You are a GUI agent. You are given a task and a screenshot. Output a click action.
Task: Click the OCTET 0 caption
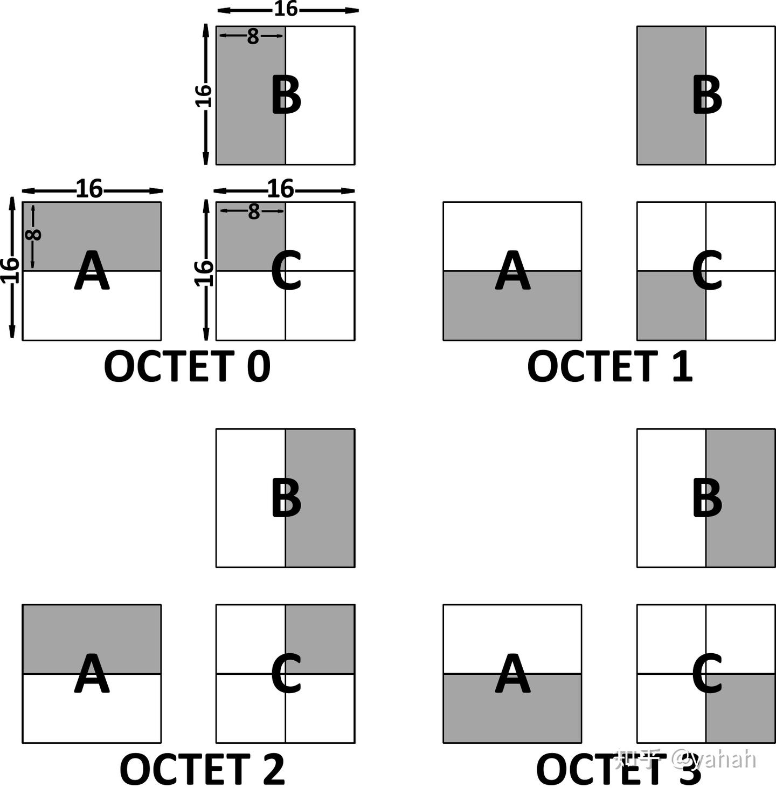187,366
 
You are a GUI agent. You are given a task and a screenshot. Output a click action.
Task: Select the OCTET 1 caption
610,366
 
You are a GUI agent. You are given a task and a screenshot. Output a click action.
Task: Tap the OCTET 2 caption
203,769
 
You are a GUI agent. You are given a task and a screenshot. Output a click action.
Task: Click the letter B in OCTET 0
286,96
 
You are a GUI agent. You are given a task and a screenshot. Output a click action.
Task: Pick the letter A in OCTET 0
92,271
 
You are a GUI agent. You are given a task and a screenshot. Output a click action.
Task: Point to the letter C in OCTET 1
707,271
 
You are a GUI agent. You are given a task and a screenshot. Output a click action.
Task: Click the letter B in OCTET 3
708,498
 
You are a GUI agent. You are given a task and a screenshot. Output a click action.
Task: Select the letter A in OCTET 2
92,673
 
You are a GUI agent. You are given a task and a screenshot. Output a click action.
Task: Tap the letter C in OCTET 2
286,673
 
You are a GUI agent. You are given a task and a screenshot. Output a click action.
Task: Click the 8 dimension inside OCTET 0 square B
253,36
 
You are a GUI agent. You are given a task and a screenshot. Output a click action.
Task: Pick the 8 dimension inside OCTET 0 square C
253,211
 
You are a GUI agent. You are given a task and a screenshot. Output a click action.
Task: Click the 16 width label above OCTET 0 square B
285,9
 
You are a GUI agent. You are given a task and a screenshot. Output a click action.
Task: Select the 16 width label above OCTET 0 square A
89,189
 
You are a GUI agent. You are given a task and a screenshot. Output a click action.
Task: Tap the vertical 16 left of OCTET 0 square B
203,96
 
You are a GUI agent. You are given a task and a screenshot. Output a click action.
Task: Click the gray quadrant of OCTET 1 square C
671,306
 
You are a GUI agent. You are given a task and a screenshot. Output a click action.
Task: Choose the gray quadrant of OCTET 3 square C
740,708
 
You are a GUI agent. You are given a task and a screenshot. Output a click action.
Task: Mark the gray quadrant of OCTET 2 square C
320,639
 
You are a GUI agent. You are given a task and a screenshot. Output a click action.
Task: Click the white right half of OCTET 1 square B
740,95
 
